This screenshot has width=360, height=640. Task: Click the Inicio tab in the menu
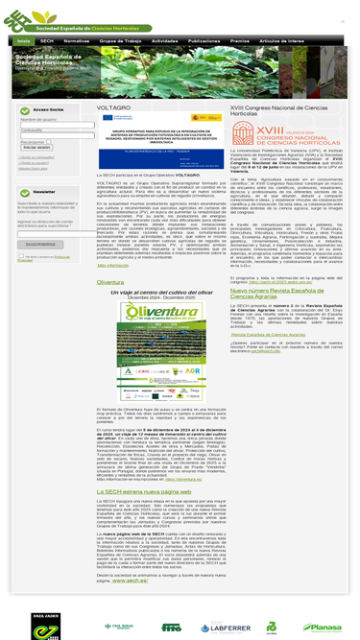tap(22, 42)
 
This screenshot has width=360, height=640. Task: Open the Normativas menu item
tap(77, 42)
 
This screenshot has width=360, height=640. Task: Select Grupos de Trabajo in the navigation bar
tap(120, 42)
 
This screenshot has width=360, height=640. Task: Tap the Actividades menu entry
tap(164, 42)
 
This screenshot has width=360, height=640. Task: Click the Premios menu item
tap(240, 42)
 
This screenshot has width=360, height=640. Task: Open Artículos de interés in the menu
tap(282, 42)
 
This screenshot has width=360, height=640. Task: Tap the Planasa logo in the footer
tap(323, 628)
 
